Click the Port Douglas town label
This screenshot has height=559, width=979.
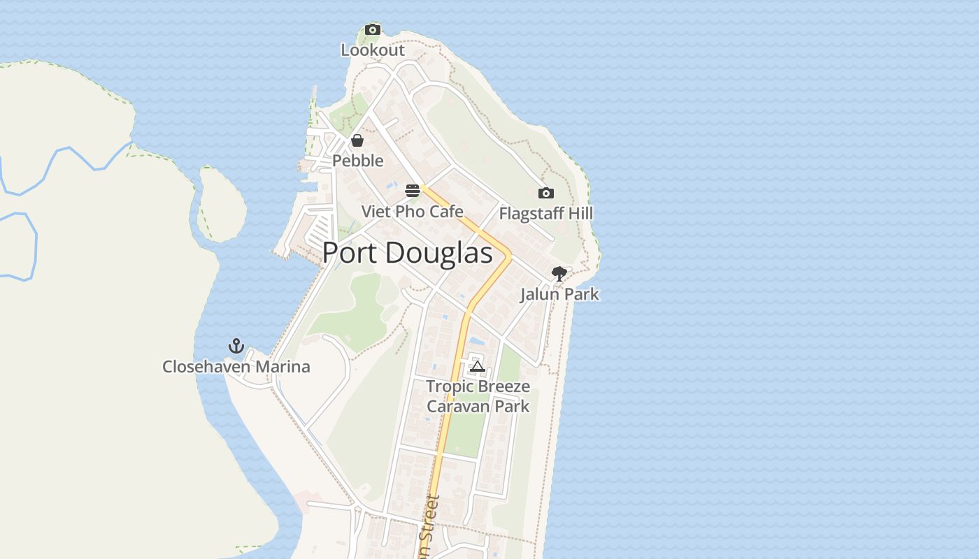click(x=408, y=253)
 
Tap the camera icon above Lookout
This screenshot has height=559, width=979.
click(x=373, y=29)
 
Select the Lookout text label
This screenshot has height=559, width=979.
click(x=373, y=50)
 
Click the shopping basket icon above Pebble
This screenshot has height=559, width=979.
click(x=357, y=140)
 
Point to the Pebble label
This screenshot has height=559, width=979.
click(x=358, y=161)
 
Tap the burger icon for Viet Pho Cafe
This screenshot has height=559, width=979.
click(x=413, y=190)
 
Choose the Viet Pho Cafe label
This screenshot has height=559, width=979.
click(x=413, y=211)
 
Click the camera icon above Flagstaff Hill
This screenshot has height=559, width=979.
click(x=546, y=193)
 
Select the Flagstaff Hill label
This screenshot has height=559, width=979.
click(x=546, y=213)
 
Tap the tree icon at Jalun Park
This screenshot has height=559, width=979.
click(x=559, y=273)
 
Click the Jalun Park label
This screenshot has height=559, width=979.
click(x=559, y=294)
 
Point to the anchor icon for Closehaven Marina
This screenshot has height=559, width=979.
click(x=236, y=346)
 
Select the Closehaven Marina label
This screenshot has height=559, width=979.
click(x=236, y=367)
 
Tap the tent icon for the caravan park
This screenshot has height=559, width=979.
click(x=478, y=366)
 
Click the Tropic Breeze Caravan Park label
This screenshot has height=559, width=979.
click(x=478, y=396)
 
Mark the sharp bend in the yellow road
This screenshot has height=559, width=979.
click(x=510, y=256)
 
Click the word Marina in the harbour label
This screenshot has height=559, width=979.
click(x=284, y=367)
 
